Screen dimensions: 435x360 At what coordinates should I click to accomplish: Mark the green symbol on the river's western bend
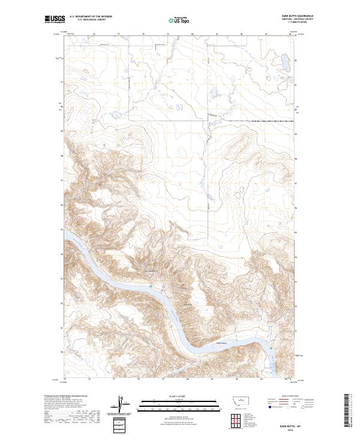coord(151,286)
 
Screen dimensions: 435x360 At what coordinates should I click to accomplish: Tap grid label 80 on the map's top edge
coord(192,34)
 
